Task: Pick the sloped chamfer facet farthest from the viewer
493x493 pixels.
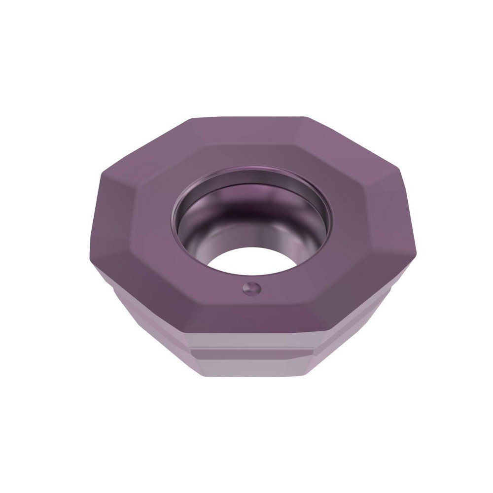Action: click(x=249, y=132)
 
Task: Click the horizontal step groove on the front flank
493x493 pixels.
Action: click(x=251, y=351)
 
